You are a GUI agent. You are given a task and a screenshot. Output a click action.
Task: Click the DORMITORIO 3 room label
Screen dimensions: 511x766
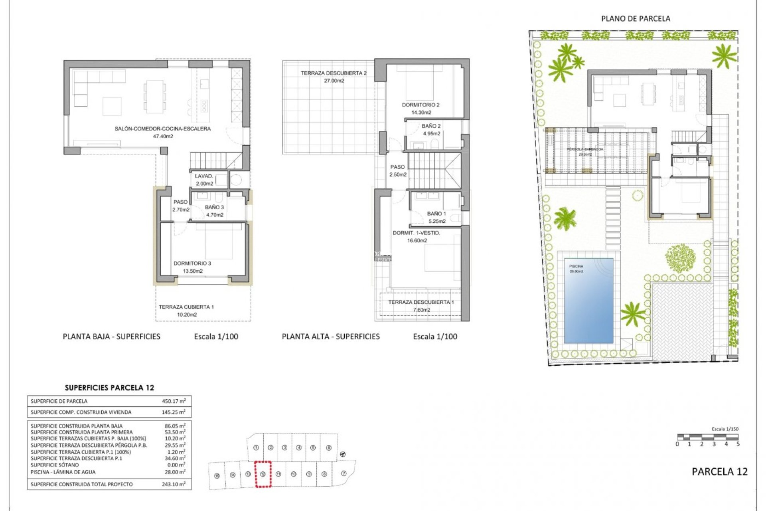192,263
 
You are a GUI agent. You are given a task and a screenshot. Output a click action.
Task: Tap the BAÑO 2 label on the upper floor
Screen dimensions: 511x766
431,126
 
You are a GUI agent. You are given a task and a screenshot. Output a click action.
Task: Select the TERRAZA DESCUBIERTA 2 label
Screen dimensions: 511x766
334,73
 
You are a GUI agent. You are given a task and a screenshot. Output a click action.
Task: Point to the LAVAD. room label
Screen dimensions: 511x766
204,176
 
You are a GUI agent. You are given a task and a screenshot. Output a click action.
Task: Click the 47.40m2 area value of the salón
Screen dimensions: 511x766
163,136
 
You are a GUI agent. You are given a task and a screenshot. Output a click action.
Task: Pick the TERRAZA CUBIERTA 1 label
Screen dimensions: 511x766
186,307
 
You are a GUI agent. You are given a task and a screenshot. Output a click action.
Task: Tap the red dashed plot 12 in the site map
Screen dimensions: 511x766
263,474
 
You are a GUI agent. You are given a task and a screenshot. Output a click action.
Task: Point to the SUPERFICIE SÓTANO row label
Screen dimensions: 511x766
55,465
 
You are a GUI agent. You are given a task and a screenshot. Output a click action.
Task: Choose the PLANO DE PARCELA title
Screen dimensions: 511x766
636,19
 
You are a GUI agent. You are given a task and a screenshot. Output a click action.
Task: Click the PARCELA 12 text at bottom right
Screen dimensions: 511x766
719,471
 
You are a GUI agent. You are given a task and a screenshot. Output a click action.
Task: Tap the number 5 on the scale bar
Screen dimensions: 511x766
738,444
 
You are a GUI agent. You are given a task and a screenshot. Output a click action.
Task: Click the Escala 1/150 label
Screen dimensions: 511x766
725,429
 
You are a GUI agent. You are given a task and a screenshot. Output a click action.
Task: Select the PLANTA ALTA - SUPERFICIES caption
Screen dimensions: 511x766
331,337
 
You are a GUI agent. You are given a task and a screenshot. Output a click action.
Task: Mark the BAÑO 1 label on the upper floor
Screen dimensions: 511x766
436,214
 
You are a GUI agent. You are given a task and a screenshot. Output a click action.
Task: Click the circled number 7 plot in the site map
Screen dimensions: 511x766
344,473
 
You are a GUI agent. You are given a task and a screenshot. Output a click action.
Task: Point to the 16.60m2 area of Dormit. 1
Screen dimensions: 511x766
417,240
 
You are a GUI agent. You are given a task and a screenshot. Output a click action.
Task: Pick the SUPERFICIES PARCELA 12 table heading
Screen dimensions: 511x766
109,388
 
